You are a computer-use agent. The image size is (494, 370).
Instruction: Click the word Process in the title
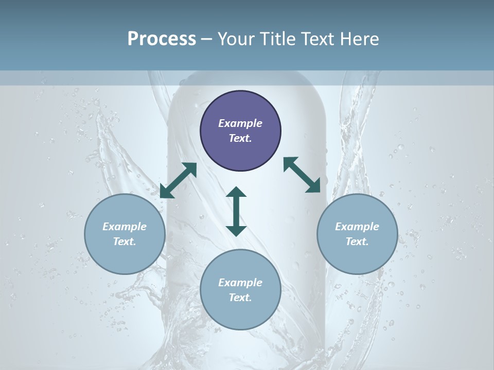[x=162, y=39]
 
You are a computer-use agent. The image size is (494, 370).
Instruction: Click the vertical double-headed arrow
[x=236, y=211]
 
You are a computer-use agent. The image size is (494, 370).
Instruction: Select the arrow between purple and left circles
[x=178, y=180]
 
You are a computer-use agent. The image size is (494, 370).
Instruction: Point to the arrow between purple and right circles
[x=302, y=175]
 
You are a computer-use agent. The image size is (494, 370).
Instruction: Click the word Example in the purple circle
[x=240, y=123]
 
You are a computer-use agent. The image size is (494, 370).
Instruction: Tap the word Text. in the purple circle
[x=240, y=138]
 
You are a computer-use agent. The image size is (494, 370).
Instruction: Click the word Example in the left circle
[x=125, y=227]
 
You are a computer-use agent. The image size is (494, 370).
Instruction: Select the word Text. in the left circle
[x=125, y=242]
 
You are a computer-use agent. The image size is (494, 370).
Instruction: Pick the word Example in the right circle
[x=357, y=227]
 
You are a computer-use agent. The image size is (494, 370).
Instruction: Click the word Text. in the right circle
[x=357, y=242]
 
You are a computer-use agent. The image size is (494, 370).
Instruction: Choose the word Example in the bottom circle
[x=240, y=283]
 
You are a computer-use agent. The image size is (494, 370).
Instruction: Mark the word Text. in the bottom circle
[x=240, y=298]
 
